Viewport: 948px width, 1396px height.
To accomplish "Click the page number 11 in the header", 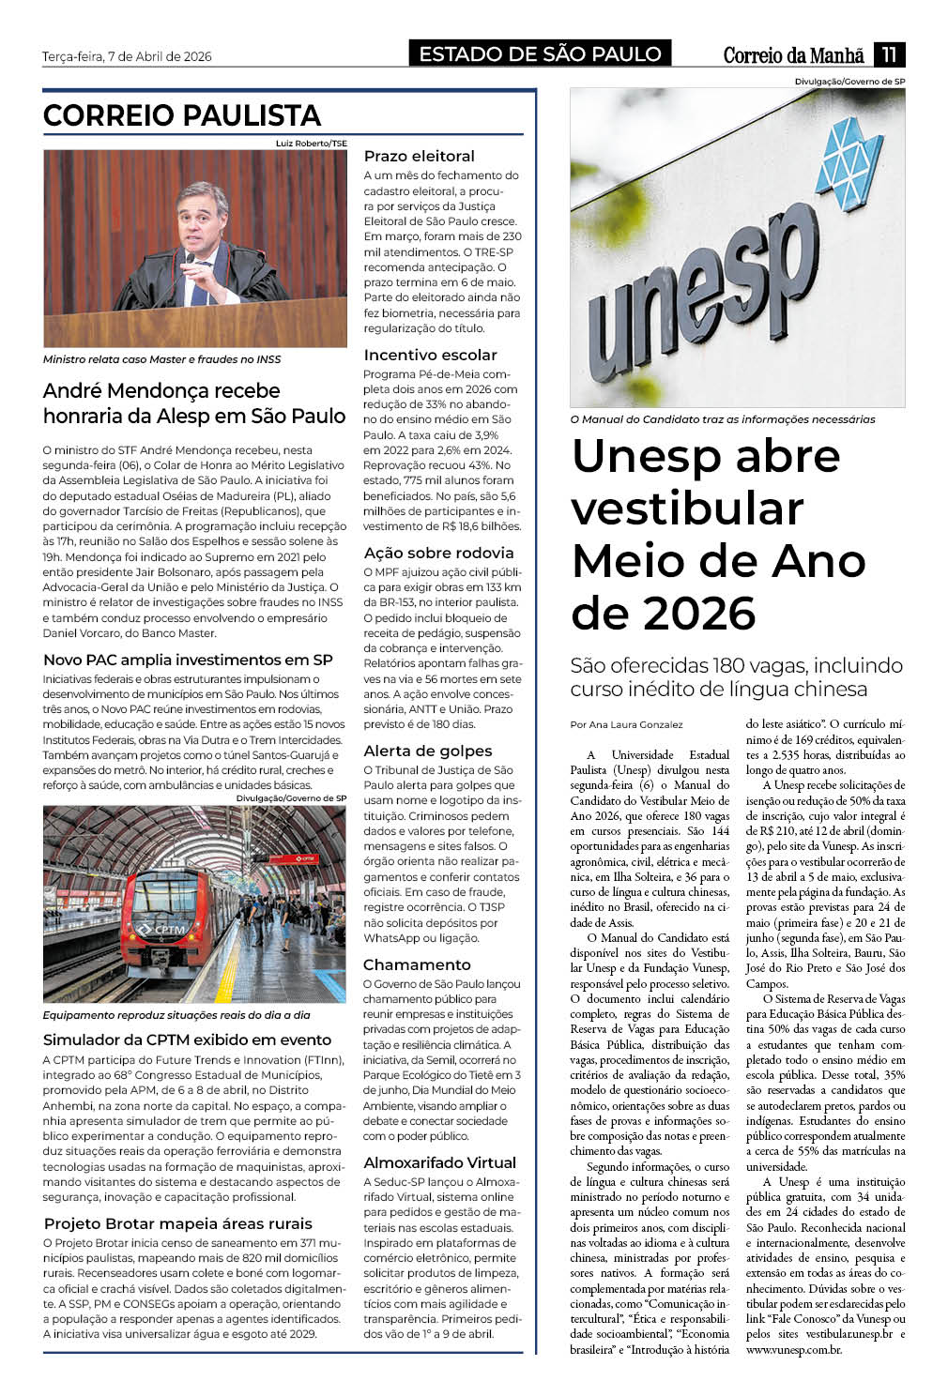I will point(889,54).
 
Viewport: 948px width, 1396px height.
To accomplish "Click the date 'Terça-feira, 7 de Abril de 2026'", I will point(127,56).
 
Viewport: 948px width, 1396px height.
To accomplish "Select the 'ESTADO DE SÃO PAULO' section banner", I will point(540,54).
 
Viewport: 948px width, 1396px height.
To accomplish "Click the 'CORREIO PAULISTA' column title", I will point(182,115).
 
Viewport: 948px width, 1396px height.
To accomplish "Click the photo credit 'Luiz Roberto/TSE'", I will point(311,144).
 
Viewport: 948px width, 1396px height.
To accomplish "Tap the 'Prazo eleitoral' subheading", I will point(419,157).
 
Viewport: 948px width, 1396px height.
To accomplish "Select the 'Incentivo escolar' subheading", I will point(430,356).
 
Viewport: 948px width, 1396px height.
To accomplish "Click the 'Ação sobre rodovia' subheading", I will point(438,554).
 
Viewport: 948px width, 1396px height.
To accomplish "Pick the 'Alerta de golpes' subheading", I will point(427,751).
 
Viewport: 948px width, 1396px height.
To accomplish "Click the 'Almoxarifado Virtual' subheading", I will point(439,1163).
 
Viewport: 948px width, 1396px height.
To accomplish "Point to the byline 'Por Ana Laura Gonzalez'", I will point(626,725).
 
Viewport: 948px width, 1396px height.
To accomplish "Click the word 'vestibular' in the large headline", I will point(687,508).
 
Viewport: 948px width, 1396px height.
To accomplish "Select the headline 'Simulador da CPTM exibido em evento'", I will point(187,1040).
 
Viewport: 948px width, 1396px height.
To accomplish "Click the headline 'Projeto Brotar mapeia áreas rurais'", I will point(177,1224).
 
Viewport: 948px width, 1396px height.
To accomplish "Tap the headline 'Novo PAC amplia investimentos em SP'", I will point(188,660).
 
